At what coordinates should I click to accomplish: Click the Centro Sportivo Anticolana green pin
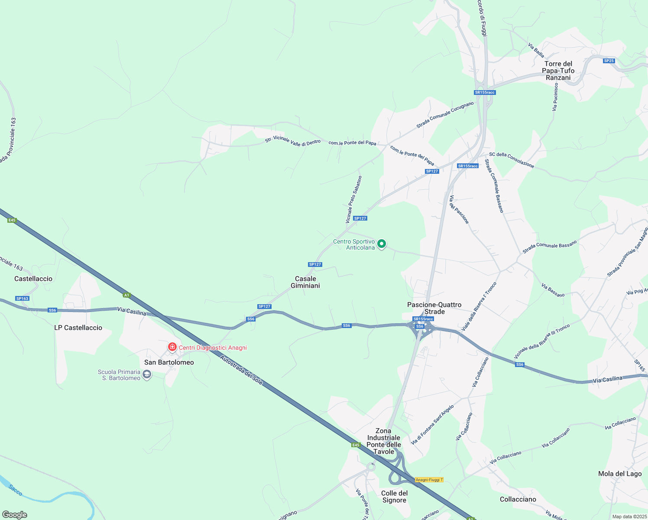(381, 244)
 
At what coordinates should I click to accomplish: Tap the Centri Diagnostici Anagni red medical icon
(172, 347)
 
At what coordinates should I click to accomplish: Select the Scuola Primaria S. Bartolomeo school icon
(147, 374)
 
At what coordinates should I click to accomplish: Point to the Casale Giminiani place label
(305, 282)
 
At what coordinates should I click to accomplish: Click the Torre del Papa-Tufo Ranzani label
(558, 71)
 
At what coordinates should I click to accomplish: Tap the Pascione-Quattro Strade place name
(434, 308)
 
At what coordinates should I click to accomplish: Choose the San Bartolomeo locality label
(169, 362)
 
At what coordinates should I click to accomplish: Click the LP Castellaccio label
(78, 328)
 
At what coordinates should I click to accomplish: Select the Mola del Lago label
(620, 474)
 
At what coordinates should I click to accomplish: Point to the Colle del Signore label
(394, 497)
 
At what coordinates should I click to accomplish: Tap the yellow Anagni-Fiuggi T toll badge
(429, 480)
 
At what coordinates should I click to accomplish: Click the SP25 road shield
(609, 61)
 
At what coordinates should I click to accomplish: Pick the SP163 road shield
(22, 299)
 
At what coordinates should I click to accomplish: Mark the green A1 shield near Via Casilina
(126, 295)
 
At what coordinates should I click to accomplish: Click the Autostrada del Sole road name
(241, 370)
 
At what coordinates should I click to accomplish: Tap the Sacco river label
(16, 490)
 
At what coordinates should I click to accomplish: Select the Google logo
(14, 515)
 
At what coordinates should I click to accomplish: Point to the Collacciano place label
(518, 499)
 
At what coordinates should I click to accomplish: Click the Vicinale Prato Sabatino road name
(353, 200)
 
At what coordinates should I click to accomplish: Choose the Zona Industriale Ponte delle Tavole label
(383, 441)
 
